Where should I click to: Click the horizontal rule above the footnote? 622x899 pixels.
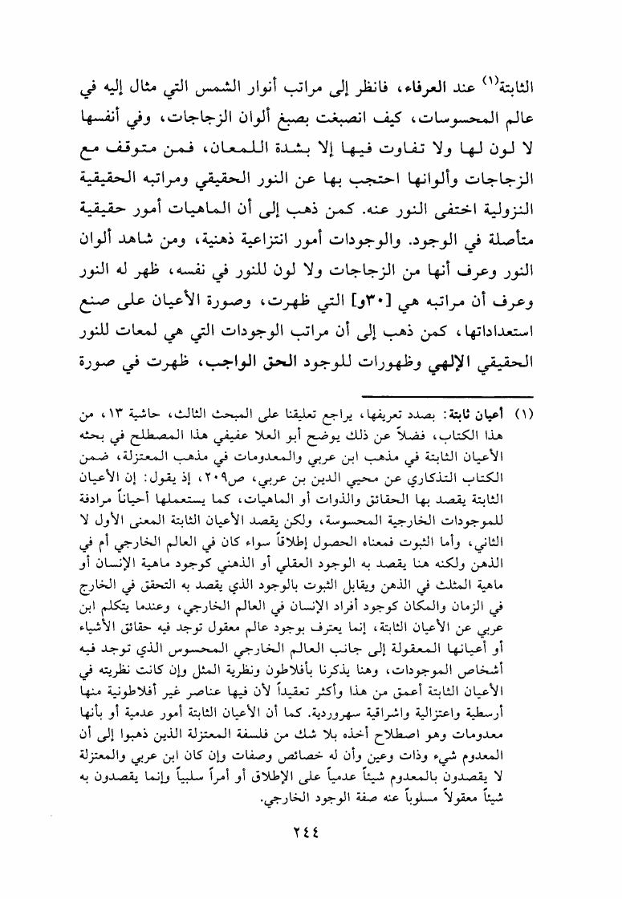pyautogui.click(x=445, y=395)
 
